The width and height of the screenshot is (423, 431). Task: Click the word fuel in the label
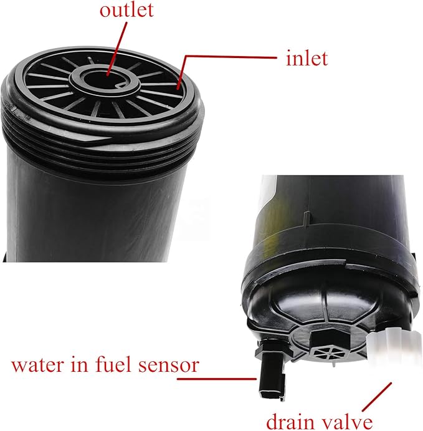[x=118, y=364]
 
